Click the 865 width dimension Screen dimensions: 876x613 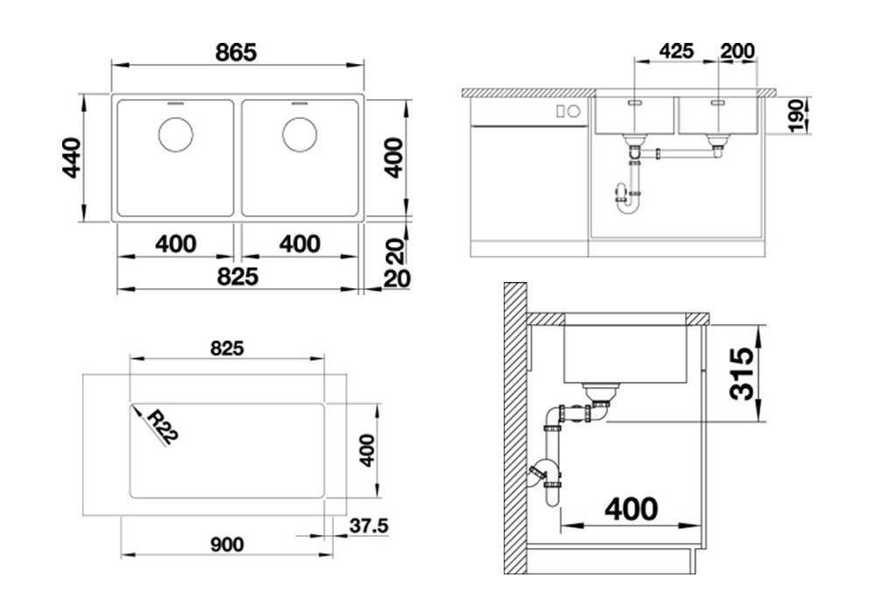236,53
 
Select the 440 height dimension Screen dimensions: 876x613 72,158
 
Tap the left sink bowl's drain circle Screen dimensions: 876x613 175,135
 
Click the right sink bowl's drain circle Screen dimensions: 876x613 300,135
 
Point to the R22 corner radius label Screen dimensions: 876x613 163,426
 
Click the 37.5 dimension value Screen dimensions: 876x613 369,525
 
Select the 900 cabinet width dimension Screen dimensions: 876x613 227,545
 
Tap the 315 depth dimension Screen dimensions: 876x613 742,373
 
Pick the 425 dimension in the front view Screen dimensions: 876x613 676,52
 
